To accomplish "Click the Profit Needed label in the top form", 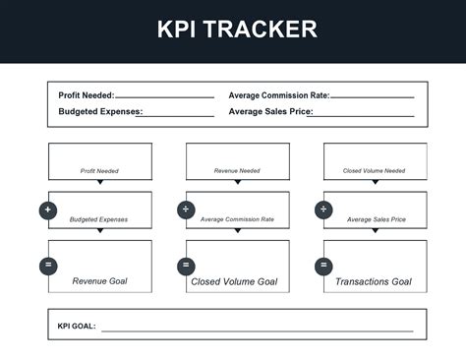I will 87,95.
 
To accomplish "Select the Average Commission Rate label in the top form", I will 279,95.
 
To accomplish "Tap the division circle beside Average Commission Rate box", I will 186,210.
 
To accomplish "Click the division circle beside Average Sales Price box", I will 323,210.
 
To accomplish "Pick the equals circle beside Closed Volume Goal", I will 186,265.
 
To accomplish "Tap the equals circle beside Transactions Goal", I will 323,265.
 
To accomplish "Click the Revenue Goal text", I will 99,281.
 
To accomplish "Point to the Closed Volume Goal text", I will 234,282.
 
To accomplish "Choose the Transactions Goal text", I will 373,282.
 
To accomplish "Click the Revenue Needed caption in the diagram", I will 237,170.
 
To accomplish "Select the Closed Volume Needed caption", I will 374,170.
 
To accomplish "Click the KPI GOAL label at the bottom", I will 77,326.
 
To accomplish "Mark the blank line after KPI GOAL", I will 256,330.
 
